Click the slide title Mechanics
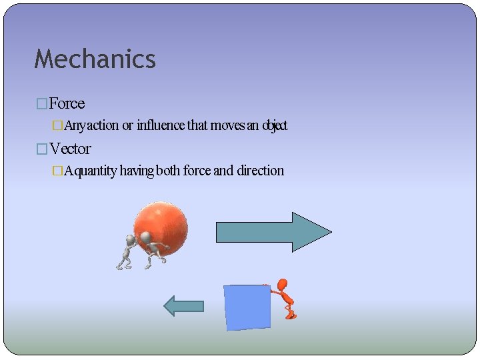pos(95,59)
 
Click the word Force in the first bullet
pos(67,103)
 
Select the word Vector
pos(70,149)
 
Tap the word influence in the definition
pos(161,125)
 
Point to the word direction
pos(260,171)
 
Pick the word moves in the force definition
pos(227,125)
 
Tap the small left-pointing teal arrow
pos(184,306)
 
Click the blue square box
pos(247,307)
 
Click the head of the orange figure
pos(283,285)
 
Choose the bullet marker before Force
pos(42,104)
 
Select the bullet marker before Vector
pos(42,149)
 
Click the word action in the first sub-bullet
pos(103,125)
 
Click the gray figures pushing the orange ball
pos(141,251)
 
